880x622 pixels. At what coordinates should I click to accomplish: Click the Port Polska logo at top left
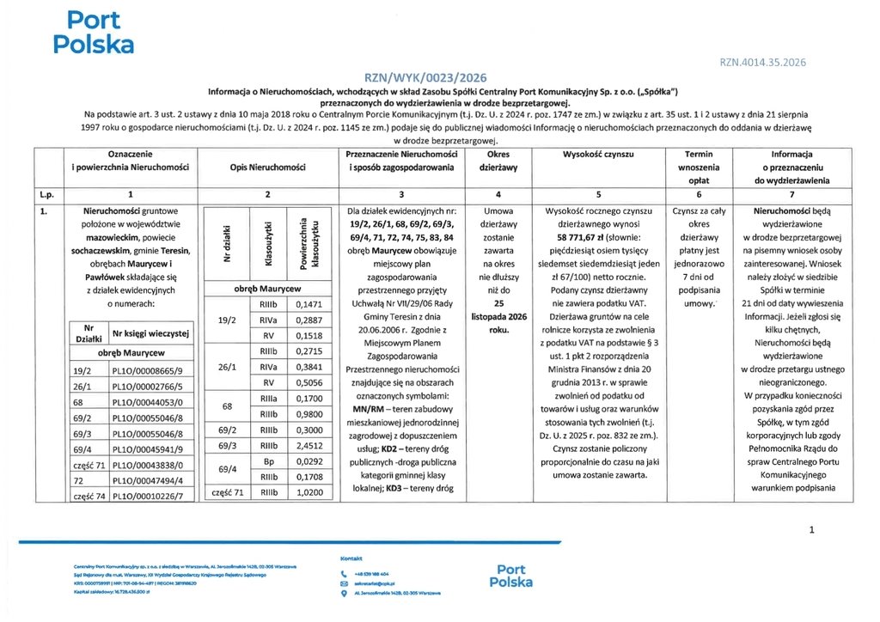[x=93, y=32]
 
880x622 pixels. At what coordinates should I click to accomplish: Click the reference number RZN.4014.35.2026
[x=762, y=62]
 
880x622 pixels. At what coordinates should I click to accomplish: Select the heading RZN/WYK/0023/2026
[x=438, y=76]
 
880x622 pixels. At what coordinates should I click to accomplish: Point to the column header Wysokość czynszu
[x=597, y=153]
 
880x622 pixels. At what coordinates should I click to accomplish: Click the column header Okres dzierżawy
[x=498, y=161]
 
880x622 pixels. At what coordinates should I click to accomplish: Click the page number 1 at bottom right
[x=810, y=531]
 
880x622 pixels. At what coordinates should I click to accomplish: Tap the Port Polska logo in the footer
[x=510, y=576]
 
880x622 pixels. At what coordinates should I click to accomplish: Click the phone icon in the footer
[x=344, y=573]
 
